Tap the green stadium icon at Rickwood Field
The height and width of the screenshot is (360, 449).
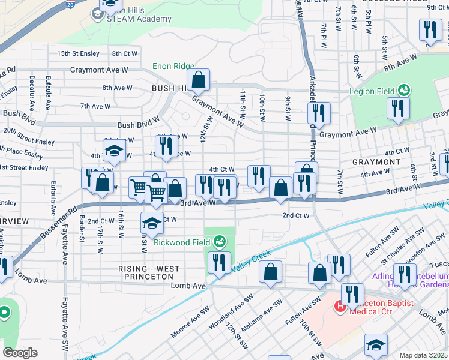click(220, 242)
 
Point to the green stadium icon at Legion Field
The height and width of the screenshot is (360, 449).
click(404, 91)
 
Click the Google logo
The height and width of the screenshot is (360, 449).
click(20, 352)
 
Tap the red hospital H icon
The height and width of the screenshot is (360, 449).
click(340, 307)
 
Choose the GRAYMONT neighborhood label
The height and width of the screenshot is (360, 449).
click(376, 162)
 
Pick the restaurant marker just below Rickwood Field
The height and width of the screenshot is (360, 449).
click(218, 263)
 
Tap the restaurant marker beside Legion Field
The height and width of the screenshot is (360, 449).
click(397, 109)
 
